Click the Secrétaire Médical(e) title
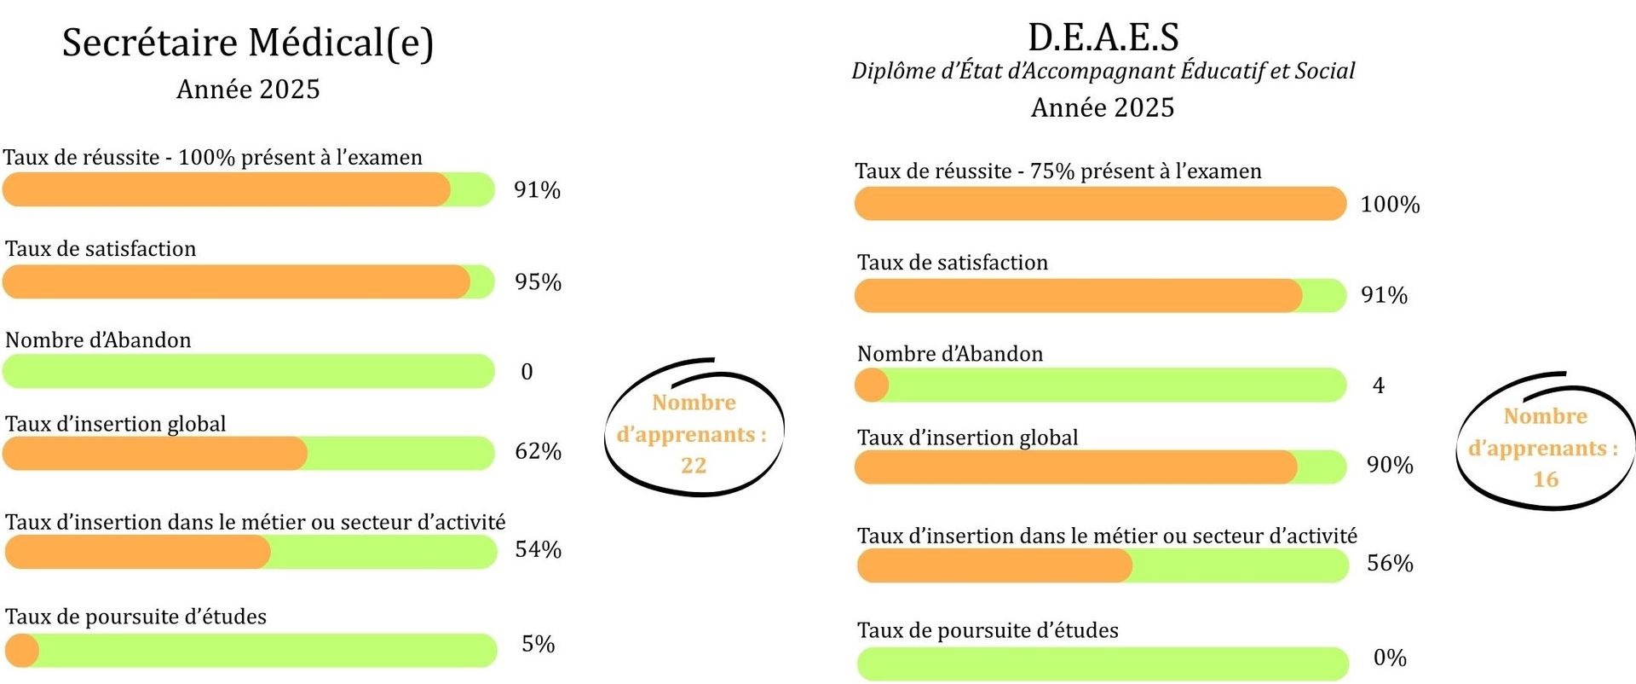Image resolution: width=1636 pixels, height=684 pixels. coord(248,43)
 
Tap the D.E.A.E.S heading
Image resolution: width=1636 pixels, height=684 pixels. coord(1103,37)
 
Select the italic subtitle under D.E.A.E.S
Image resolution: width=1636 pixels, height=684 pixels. coord(1103,71)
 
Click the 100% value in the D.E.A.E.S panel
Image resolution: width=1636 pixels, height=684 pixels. coord(1390,205)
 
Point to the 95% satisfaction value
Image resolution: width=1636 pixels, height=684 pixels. coord(538,282)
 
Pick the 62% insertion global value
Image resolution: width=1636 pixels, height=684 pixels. coord(538,451)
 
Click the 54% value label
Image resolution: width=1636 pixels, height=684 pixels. coord(538,549)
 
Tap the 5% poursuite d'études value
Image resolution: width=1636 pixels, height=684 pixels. coord(538,644)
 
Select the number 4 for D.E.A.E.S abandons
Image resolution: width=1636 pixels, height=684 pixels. coord(1379,385)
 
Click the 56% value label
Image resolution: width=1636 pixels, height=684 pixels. coord(1390,563)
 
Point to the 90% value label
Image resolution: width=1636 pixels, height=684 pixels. coord(1390,465)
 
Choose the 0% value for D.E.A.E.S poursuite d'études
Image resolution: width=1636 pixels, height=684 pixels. coord(1390,658)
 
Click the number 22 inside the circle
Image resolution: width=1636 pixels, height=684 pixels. coord(694,466)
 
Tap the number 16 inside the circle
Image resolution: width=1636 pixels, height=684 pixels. coord(1546,479)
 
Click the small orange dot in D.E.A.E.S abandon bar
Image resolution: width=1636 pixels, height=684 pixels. coord(872,385)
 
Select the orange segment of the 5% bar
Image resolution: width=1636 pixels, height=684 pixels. coord(21,651)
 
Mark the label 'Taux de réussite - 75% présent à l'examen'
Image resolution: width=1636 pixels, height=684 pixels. coord(1058,171)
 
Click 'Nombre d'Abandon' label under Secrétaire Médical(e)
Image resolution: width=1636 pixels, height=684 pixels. coord(98,340)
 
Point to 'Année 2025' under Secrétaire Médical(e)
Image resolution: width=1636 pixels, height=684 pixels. coord(248,90)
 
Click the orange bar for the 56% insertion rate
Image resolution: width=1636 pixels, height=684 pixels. coord(994,566)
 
